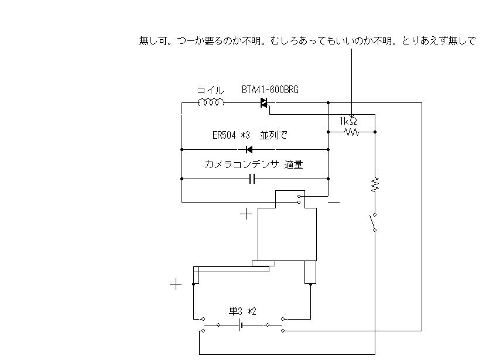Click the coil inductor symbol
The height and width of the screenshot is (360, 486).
(211, 103)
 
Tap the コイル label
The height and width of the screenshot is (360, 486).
(210, 90)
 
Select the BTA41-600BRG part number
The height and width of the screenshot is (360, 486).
(270, 90)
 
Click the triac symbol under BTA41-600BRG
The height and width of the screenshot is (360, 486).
(264, 103)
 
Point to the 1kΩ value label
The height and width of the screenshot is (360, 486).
(348, 121)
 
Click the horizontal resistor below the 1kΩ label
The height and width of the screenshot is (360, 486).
(352, 132)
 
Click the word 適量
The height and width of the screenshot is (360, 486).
(293, 165)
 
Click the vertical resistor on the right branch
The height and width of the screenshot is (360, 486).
(375, 185)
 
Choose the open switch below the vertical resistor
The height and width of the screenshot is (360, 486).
(372, 222)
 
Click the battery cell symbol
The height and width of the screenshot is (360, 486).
(241, 324)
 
